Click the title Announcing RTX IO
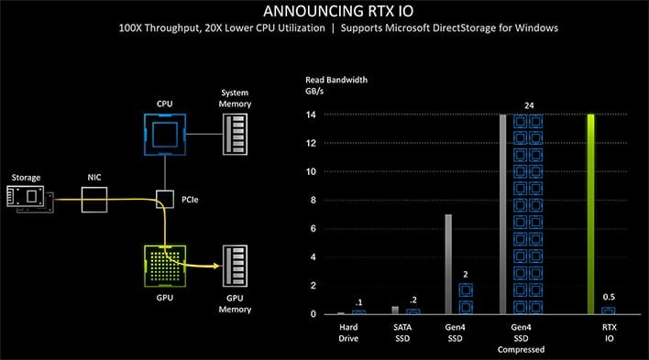point(324,11)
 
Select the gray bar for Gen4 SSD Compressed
point(502,214)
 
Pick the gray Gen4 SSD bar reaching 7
point(446,265)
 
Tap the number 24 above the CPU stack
point(529,105)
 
